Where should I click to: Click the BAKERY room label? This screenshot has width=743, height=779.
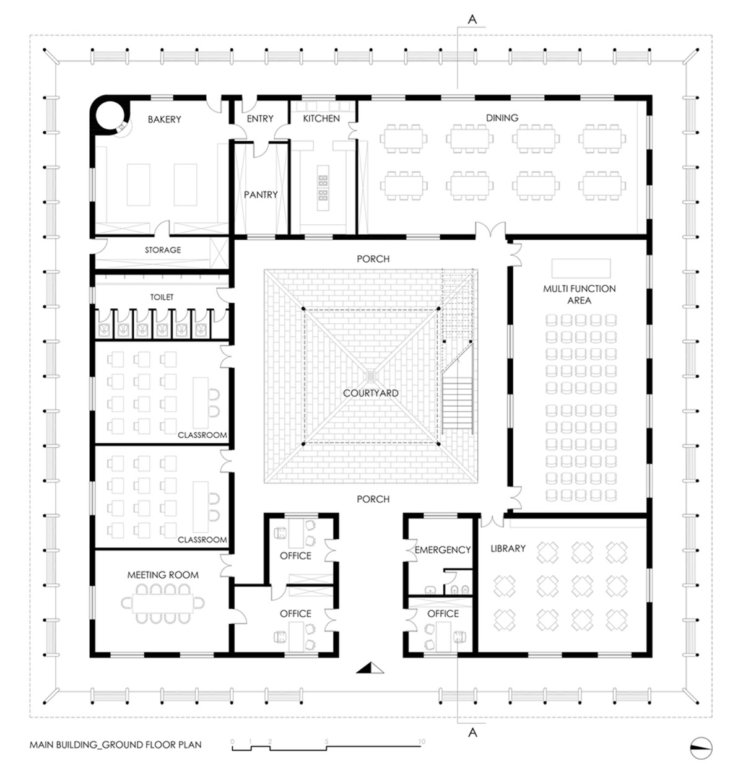(x=164, y=120)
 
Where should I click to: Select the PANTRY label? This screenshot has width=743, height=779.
(x=260, y=194)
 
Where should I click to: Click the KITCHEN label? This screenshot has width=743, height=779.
(x=321, y=118)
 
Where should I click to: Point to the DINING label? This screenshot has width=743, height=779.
(x=502, y=118)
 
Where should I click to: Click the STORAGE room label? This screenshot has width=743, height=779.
(x=162, y=250)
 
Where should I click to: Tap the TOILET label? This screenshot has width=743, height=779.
(x=162, y=297)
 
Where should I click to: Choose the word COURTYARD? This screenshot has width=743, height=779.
(x=370, y=393)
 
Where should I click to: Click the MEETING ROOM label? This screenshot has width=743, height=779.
(x=163, y=575)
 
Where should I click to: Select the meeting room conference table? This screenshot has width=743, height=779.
(x=163, y=603)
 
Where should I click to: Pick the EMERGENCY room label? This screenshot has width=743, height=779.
(x=442, y=550)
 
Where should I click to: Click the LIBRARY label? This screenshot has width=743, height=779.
(x=508, y=549)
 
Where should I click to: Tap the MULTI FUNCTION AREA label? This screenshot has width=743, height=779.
(x=579, y=294)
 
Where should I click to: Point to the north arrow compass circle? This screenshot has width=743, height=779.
(x=701, y=747)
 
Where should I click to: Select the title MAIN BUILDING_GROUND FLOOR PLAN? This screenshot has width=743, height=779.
(x=115, y=745)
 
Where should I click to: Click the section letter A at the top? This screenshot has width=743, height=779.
(x=472, y=19)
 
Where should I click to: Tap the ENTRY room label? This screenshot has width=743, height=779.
(x=260, y=118)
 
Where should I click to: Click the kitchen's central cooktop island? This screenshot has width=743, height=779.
(x=323, y=188)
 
